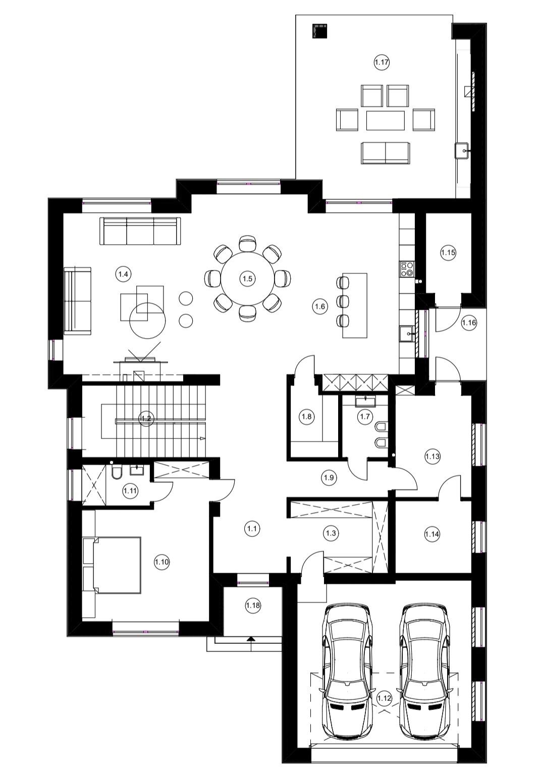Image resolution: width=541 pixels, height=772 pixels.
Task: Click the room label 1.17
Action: click(382, 63)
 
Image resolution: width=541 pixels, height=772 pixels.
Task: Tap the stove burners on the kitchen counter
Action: click(407, 268)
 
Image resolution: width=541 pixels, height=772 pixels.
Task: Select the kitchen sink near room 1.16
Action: click(407, 333)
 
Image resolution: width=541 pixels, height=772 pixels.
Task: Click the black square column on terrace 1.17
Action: click(319, 31)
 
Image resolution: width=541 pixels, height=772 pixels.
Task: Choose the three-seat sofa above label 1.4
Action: click(140, 231)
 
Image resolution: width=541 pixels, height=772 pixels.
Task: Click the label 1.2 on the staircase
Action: click(146, 419)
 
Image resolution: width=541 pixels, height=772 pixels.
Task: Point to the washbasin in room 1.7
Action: click(365, 401)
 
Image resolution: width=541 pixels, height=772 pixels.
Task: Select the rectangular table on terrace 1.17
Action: click(386, 120)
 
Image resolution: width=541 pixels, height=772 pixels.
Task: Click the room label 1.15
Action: click(448, 252)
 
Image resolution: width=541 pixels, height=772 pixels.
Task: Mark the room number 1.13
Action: click(432, 457)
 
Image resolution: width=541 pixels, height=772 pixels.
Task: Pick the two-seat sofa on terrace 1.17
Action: click(386, 153)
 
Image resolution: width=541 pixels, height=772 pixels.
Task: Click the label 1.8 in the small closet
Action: click(306, 416)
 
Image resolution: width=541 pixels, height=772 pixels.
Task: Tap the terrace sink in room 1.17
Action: click(462, 150)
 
